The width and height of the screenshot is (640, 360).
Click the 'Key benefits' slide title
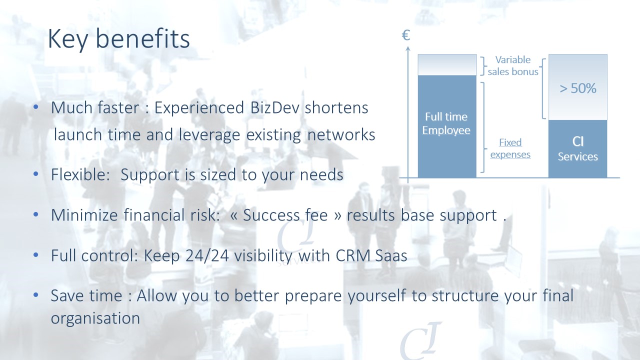[x=119, y=39]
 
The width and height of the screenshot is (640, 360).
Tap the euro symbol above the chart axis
[x=405, y=35]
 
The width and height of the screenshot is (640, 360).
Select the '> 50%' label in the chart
[x=577, y=88]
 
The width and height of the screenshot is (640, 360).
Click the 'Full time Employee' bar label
[x=446, y=123]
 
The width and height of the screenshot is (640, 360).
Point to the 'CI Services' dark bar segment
[x=577, y=149]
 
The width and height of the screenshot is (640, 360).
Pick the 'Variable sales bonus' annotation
[x=513, y=65]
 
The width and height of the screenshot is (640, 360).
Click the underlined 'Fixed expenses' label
[x=510, y=148]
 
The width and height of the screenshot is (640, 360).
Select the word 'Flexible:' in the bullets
[x=80, y=174]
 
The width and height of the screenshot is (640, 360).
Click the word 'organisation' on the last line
[x=95, y=318]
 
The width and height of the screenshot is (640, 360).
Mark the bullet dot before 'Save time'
[x=35, y=295]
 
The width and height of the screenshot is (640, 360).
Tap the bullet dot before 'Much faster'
[x=35, y=107]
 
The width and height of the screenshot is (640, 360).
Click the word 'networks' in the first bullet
[x=341, y=134]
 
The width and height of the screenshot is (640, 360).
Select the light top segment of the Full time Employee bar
[x=447, y=65]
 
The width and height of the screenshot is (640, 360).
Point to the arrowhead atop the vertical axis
[x=408, y=49]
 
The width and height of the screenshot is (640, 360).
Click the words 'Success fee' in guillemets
[x=285, y=215]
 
